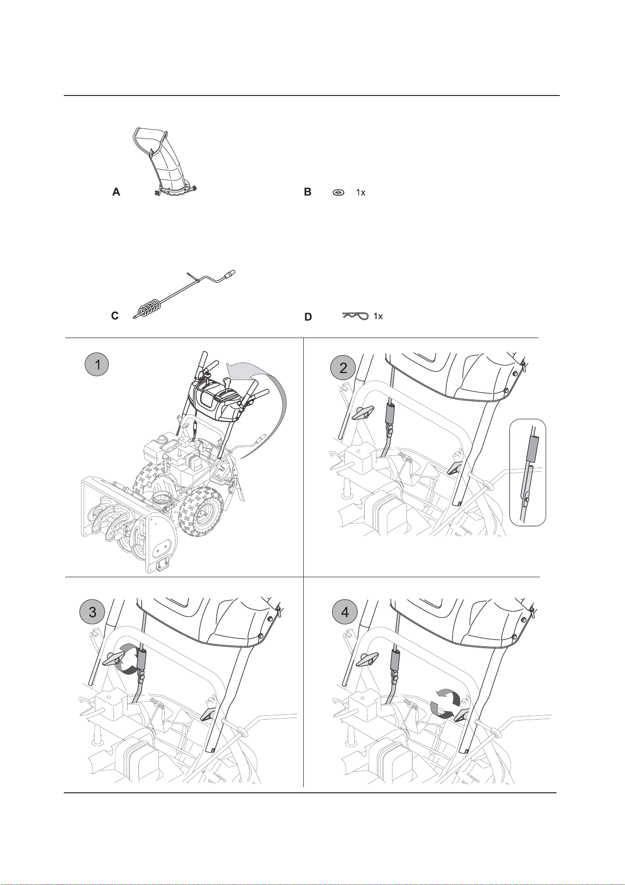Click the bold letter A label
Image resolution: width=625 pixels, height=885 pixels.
click(116, 192)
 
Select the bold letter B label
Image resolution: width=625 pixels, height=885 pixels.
click(308, 192)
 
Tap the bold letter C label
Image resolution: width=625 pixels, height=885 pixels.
click(115, 316)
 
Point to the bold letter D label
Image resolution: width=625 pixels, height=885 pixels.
click(308, 317)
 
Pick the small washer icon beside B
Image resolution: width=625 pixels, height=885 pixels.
click(338, 192)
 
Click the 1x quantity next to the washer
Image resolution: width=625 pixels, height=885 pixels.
click(360, 193)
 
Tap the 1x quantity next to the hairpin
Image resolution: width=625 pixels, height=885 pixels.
click(377, 316)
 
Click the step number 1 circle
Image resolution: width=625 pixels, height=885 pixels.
click(97, 365)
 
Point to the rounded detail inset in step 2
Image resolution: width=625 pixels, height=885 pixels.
click(528, 472)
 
